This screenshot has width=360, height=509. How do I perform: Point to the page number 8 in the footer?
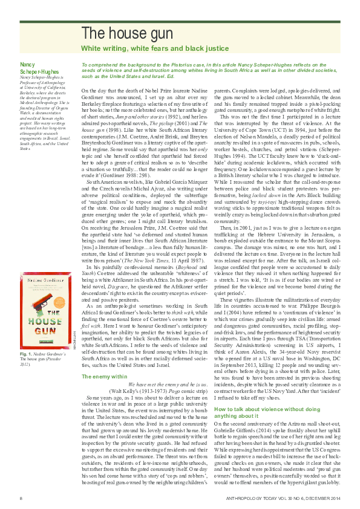click(x=21, y=498)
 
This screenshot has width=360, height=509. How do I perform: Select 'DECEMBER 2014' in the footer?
click(x=322, y=498)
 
